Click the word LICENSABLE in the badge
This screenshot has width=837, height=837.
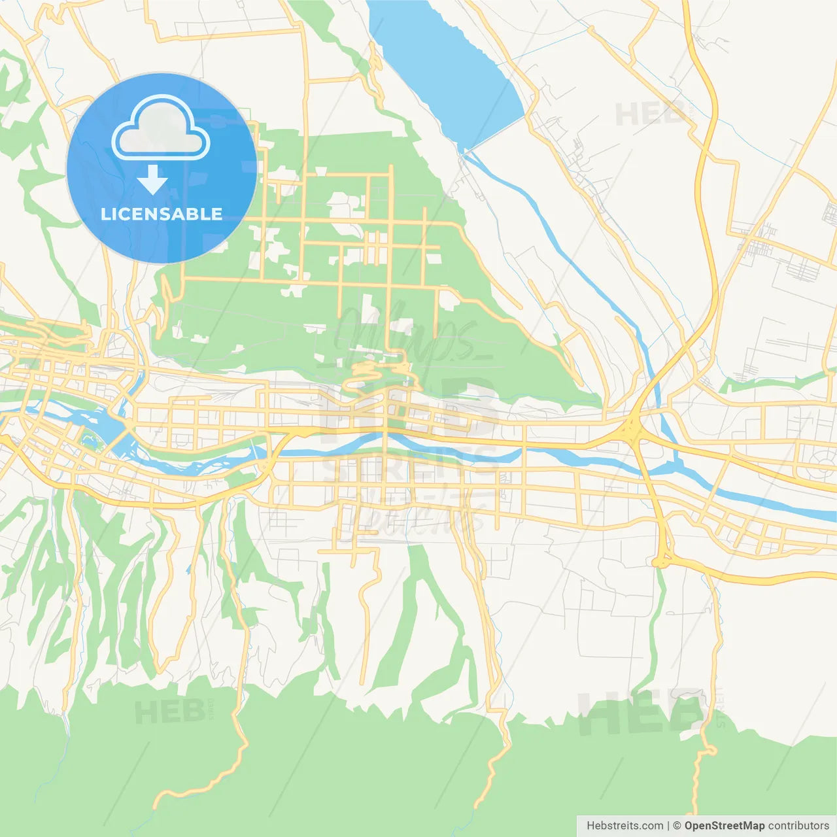click(x=162, y=214)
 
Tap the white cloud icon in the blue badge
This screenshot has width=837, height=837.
click(x=161, y=129)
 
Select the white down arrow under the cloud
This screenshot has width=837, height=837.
click(x=153, y=180)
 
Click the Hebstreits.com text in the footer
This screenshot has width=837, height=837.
click(x=624, y=826)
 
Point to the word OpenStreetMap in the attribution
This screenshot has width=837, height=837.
click(x=724, y=826)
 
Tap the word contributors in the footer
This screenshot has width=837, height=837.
click(x=798, y=826)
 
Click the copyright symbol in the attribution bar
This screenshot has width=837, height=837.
click(x=677, y=826)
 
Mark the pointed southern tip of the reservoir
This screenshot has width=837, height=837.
click(x=464, y=152)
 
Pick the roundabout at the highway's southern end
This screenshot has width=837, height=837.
click(x=662, y=561)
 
